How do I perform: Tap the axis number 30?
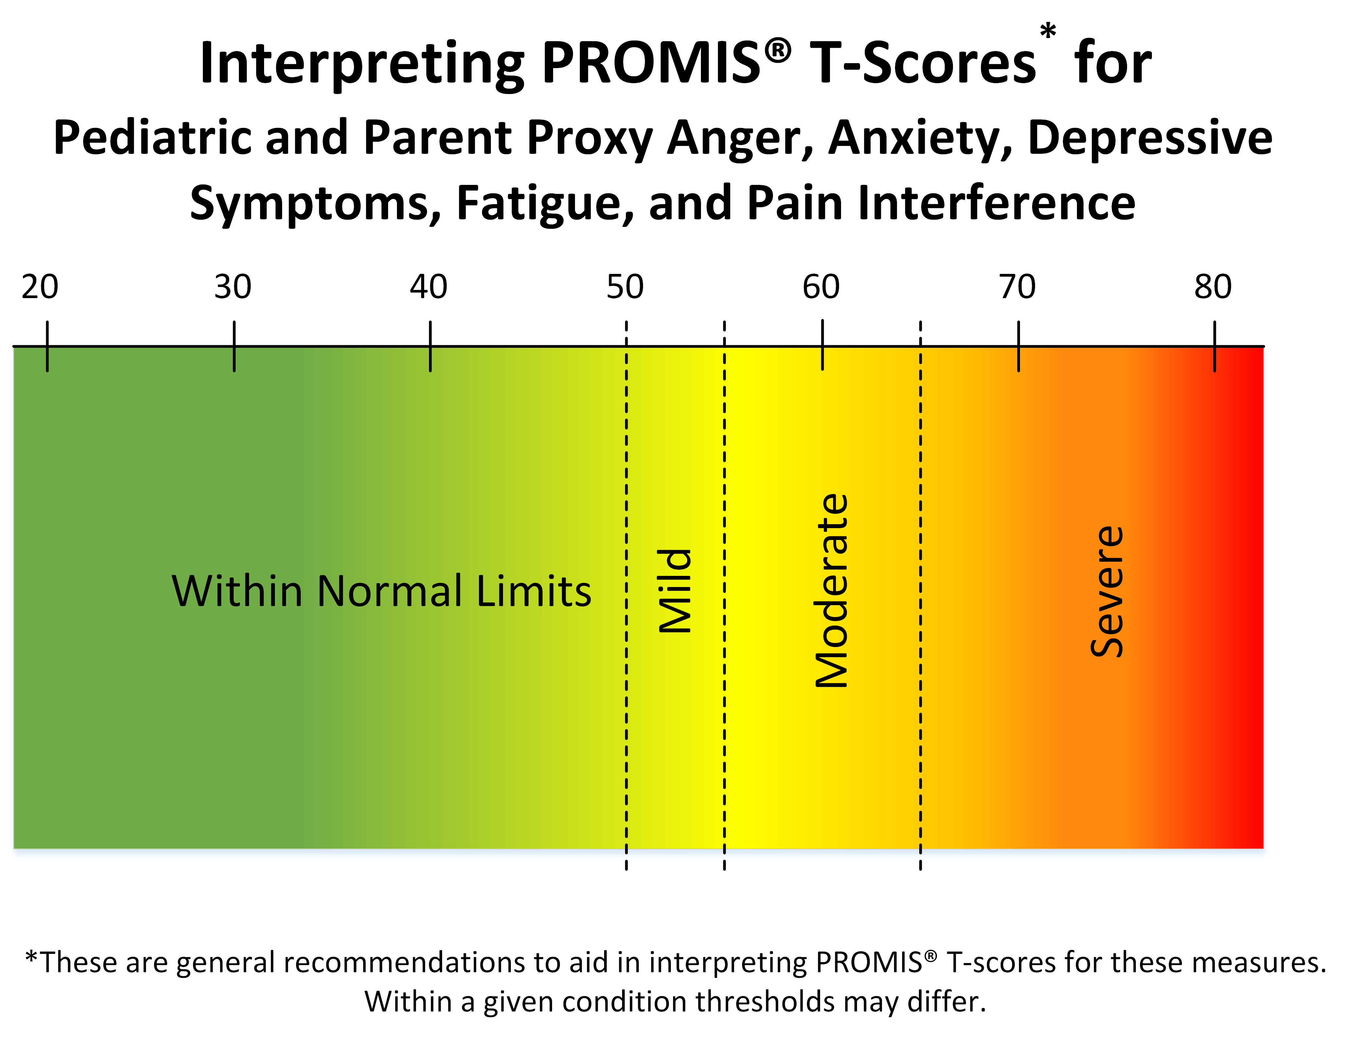tap(233, 287)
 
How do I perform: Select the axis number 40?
tap(428, 287)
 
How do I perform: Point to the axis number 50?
tap(625, 287)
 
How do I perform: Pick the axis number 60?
tap(821, 287)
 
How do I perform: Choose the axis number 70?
tap(1017, 287)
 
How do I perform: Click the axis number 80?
tap(1213, 287)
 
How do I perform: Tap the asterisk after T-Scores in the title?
tap(1047, 31)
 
